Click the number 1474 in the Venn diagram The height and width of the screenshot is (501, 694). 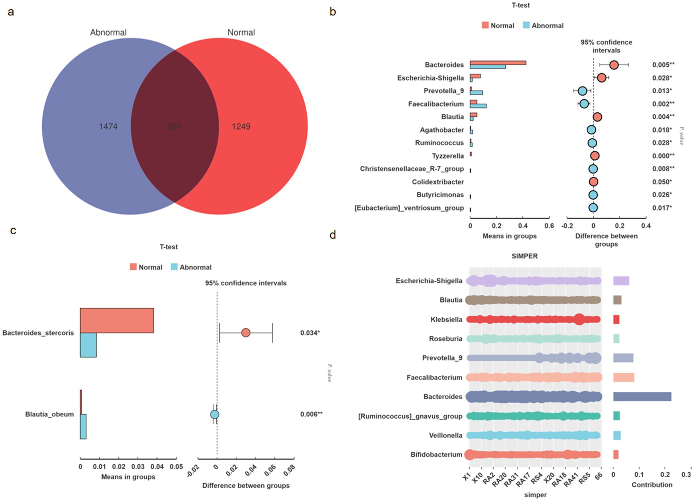point(108,127)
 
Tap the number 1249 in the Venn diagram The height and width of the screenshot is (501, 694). point(241,127)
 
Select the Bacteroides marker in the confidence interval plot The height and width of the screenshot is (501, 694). point(614,65)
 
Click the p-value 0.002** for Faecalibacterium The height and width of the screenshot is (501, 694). point(663,104)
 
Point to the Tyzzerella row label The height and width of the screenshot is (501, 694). point(448,156)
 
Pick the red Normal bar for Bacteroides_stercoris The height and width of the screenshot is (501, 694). point(117,320)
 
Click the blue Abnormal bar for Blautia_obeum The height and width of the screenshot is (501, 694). point(83,426)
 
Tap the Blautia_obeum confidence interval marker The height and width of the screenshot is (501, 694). point(215,415)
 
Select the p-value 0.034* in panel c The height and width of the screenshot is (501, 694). point(310,333)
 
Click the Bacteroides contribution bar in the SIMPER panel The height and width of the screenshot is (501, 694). point(642,397)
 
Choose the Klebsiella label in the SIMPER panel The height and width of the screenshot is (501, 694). point(446,320)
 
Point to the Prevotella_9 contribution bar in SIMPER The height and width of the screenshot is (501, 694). point(623,358)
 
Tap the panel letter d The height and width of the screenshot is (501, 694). point(332,235)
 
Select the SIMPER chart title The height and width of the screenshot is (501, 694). point(524,256)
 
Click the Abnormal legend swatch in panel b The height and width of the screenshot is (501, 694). point(526,25)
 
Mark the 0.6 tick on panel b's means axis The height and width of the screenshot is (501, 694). point(549,226)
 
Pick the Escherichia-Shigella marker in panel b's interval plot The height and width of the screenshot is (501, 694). point(601,78)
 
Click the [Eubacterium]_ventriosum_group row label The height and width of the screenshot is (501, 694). point(409,208)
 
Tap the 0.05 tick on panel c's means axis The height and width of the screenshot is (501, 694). point(177,467)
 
